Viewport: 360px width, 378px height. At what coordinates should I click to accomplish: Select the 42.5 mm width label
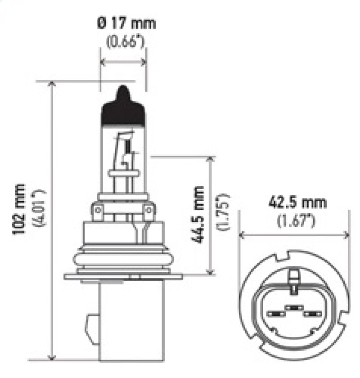297,202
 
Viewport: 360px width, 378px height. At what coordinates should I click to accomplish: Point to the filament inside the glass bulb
128,147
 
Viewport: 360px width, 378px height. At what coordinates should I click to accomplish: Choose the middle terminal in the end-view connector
294,307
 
